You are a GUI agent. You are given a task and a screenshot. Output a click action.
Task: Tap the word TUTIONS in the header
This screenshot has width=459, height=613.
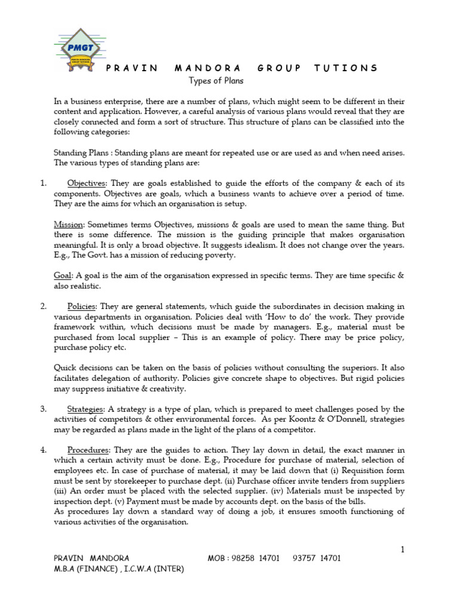pos(346,68)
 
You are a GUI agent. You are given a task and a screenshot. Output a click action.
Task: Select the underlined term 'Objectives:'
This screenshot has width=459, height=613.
pos(87,183)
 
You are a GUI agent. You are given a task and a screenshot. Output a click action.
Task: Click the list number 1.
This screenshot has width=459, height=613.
pos(43,183)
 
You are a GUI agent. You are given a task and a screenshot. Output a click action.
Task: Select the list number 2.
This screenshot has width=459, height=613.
pos(43,306)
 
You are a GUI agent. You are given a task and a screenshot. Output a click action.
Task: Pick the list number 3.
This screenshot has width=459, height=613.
pos(43,409)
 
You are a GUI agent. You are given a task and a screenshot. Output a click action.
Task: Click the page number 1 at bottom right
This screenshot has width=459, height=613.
pos(403,549)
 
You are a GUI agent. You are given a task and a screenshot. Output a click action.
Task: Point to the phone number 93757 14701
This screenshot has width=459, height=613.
pos(317,559)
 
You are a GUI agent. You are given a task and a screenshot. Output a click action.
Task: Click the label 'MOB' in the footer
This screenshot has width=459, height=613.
pos(218,559)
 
